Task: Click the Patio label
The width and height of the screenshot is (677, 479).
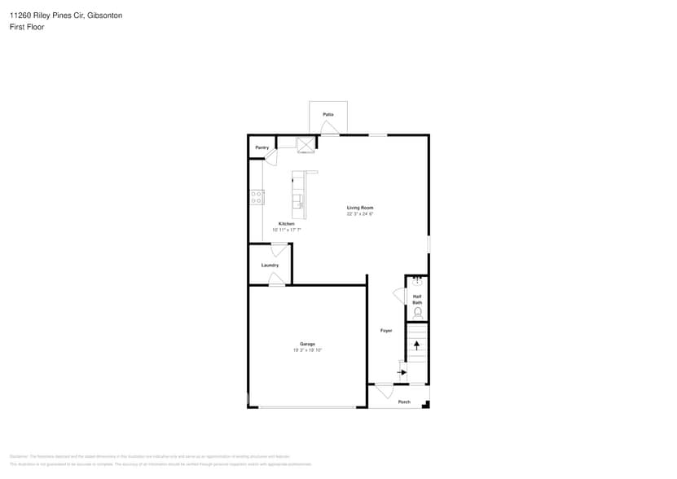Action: [x=328, y=114]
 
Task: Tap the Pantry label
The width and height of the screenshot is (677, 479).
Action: [x=262, y=147]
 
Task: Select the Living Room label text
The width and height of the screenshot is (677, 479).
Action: [x=359, y=208]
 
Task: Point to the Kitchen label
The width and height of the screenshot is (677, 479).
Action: [x=286, y=224]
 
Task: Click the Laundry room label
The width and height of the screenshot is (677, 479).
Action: [x=270, y=265]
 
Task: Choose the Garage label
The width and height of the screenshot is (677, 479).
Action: [x=307, y=344]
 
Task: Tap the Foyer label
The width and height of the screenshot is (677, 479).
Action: [x=386, y=330]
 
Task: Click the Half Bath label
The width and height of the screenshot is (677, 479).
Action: [x=417, y=299]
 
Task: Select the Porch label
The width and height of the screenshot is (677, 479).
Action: [x=404, y=402]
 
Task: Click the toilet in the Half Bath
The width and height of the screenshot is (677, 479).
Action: [x=418, y=312]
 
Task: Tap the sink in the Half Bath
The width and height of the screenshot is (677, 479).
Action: [x=417, y=282]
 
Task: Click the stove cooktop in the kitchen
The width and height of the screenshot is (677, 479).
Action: [x=257, y=196]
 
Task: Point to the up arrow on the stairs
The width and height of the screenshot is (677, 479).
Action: [x=417, y=345]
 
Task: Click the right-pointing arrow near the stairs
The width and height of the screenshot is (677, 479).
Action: [x=402, y=372]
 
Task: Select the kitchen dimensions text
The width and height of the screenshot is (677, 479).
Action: [x=286, y=231]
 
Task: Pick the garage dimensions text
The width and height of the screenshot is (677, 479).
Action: [x=307, y=350]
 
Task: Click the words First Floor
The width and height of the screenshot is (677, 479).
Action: [x=27, y=27]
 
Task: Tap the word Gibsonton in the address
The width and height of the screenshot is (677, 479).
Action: [x=105, y=15]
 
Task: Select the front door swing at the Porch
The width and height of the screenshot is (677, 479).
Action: [x=383, y=391]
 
